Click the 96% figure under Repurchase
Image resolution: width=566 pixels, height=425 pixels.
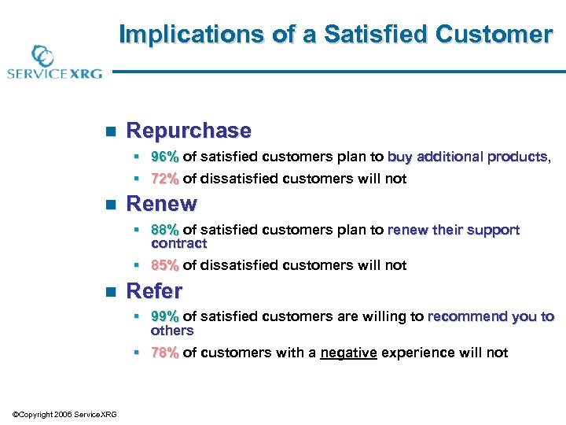click(x=164, y=157)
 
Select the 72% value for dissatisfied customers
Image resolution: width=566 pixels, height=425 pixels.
click(x=164, y=179)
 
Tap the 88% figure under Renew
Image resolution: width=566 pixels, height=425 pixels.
click(x=164, y=230)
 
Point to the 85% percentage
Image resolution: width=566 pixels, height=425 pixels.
click(x=164, y=265)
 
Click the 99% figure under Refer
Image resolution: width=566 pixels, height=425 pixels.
click(x=164, y=316)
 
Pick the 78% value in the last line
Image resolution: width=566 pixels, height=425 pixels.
click(x=164, y=353)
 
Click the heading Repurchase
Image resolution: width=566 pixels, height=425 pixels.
click(x=189, y=131)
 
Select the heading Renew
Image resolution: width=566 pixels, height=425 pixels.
click(x=161, y=204)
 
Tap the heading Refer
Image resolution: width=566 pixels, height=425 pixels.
click(x=154, y=290)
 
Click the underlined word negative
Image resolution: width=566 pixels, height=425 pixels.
click(x=348, y=353)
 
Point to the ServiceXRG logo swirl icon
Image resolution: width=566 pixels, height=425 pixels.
click(x=42, y=57)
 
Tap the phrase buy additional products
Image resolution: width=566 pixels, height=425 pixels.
click(x=468, y=157)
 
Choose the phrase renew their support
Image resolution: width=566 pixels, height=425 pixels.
click(x=454, y=230)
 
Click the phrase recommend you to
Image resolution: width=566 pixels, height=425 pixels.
click(x=491, y=316)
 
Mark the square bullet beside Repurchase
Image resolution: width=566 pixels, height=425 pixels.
click(x=110, y=131)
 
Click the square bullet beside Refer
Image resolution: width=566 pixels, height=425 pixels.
click(x=110, y=291)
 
